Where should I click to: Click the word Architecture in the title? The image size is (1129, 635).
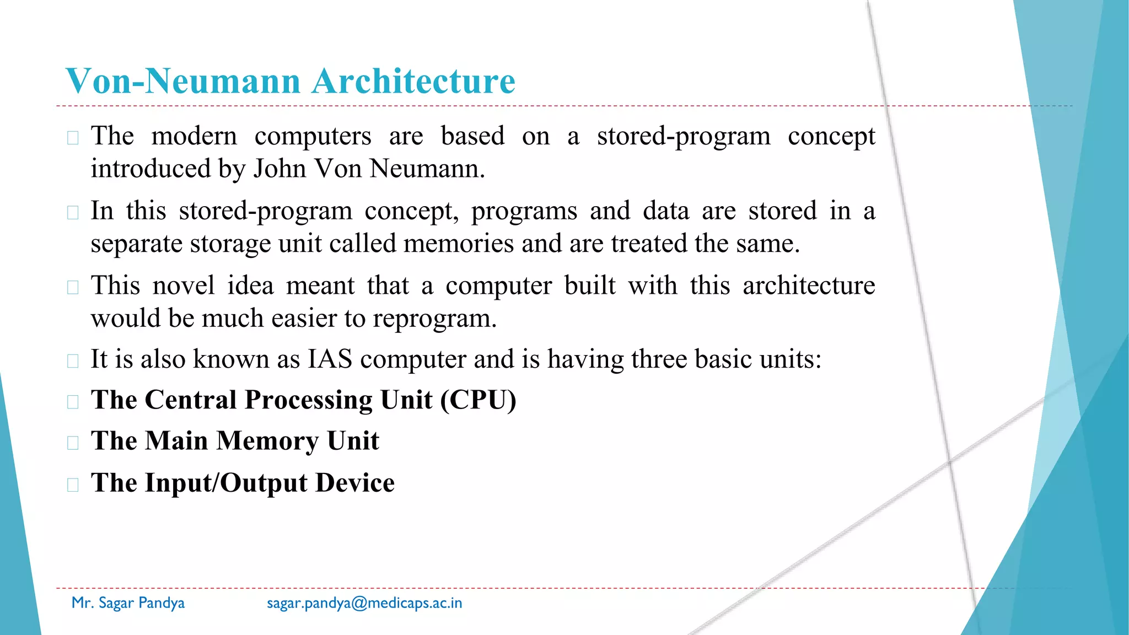[413, 81]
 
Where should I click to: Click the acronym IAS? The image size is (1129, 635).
[330, 359]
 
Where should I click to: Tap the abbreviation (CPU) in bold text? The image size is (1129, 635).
[478, 400]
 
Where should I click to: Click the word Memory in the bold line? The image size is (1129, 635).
[267, 440]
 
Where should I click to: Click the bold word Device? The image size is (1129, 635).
[355, 483]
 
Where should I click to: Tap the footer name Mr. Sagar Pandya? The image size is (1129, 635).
[128, 603]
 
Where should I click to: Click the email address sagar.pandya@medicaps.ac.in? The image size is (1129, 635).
[364, 603]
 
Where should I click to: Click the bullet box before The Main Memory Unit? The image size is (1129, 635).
[73, 443]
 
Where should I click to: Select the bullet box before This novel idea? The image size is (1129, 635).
[73, 287]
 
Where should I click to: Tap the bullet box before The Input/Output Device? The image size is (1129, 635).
[73, 485]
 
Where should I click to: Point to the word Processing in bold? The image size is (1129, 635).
[308, 400]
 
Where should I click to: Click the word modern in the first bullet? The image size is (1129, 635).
[194, 136]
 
